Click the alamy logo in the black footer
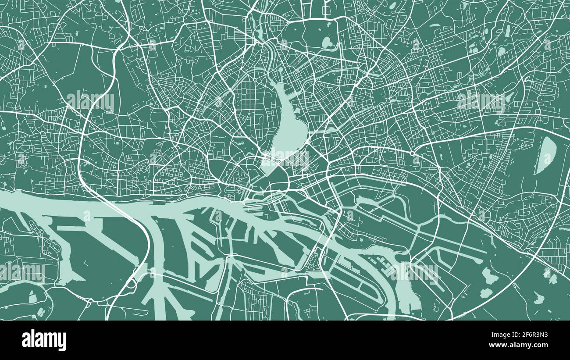point(44,340)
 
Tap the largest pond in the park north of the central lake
point(327,42)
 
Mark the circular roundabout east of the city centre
point(413,153)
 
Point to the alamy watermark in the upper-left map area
point(90,101)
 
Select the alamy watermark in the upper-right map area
point(480,101)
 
